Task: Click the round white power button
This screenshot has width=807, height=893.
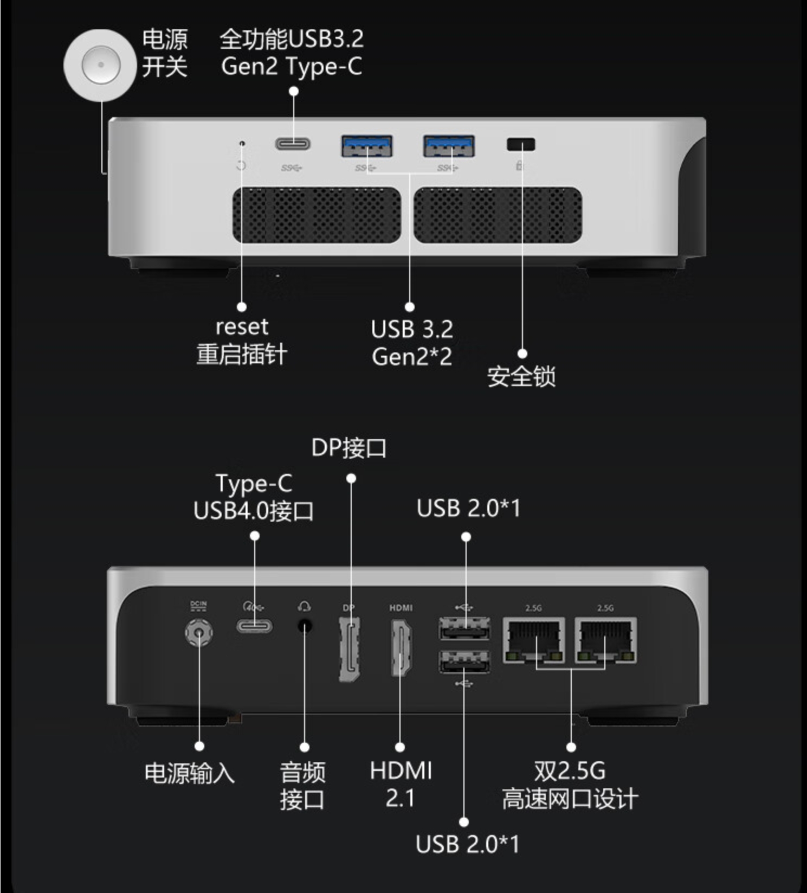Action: [x=100, y=65]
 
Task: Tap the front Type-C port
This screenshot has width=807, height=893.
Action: [x=293, y=144]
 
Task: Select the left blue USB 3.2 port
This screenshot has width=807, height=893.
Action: [x=367, y=146]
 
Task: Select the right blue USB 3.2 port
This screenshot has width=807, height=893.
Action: [x=449, y=146]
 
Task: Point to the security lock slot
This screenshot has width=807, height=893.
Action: [x=521, y=144]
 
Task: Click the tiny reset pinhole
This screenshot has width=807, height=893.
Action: [x=242, y=144]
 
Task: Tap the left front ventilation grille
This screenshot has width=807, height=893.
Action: [x=317, y=215]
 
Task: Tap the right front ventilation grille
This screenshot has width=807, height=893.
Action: [x=498, y=215]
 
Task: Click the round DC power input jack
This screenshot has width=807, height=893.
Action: [x=199, y=632]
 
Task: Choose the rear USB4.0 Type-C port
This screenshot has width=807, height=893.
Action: [x=254, y=626]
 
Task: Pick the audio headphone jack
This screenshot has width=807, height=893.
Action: [x=305, y=627]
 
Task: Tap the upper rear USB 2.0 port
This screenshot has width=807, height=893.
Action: [x=464, y=629]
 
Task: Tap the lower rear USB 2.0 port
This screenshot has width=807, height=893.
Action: [x=464, y=662]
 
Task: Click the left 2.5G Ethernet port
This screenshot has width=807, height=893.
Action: [x=534, y=640]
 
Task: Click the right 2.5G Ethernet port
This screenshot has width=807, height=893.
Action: [x=605, y=640]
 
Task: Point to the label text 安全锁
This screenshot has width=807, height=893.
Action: [x=521, y=376]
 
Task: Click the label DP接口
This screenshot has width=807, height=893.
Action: [x=349, y=448]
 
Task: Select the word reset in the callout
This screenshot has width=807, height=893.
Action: [x=242, y=327]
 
